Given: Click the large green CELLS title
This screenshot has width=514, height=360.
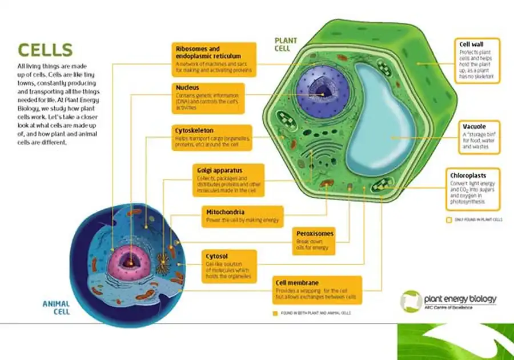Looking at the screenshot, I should (x=45, y=50).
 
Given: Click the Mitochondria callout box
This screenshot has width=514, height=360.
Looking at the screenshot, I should (x=243, y=217).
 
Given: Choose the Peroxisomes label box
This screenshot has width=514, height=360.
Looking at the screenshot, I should (x=314, y=241).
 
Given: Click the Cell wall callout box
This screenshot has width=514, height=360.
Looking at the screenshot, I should (x=479, y=59).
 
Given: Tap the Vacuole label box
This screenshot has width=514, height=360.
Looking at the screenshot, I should (x=479, y=137).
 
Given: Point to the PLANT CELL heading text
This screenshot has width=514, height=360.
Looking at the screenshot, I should (x=286, y=45).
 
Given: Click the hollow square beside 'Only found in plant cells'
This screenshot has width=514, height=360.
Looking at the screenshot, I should (x=448, y=219).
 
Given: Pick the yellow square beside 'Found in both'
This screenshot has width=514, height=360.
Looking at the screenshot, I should (x=275, y=313).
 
